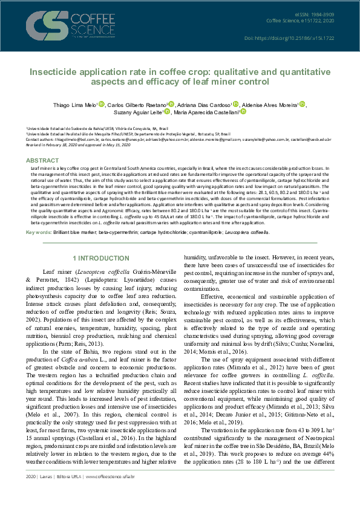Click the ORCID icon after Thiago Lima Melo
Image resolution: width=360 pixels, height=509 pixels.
pyautogui.click(x=101, y=104)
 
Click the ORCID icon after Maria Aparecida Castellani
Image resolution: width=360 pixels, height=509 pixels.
pyautogui.click(x=243, y=112)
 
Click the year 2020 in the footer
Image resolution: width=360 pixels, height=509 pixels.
pyautogui.click(x=31, y=494)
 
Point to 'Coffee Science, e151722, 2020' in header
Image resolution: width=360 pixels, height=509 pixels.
pyautogui.click(x=300, y=21)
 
